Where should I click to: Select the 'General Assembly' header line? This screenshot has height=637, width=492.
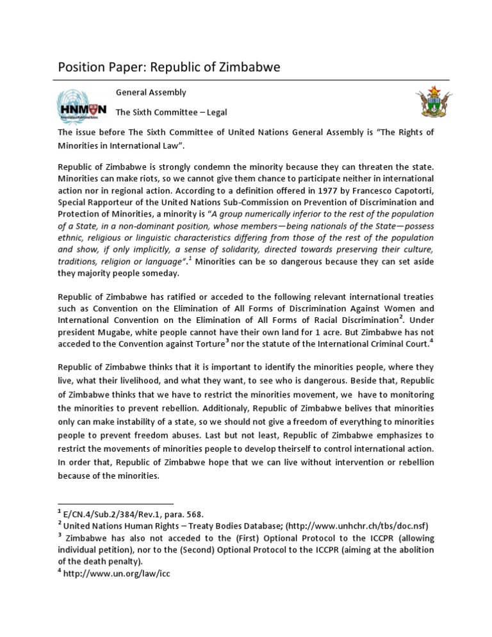coord(151,93)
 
